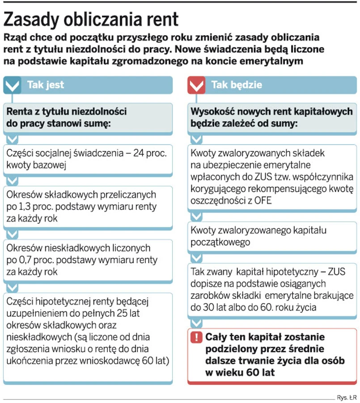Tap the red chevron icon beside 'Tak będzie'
[x=196, y=85]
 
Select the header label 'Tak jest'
[x=46, y=85]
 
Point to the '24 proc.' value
[x=148, y=154]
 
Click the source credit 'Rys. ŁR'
[x=346, y=396]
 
